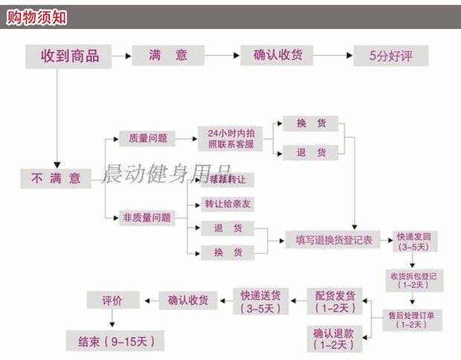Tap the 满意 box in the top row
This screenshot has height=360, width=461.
coord(168,56)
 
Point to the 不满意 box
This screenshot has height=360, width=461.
coord(56,179)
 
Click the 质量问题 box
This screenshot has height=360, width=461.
coord(148,138)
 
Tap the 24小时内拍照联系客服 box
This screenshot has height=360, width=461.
coord(231,138)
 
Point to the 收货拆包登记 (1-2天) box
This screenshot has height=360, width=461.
coord(413,280)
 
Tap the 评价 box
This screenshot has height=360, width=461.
coord(112,300)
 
